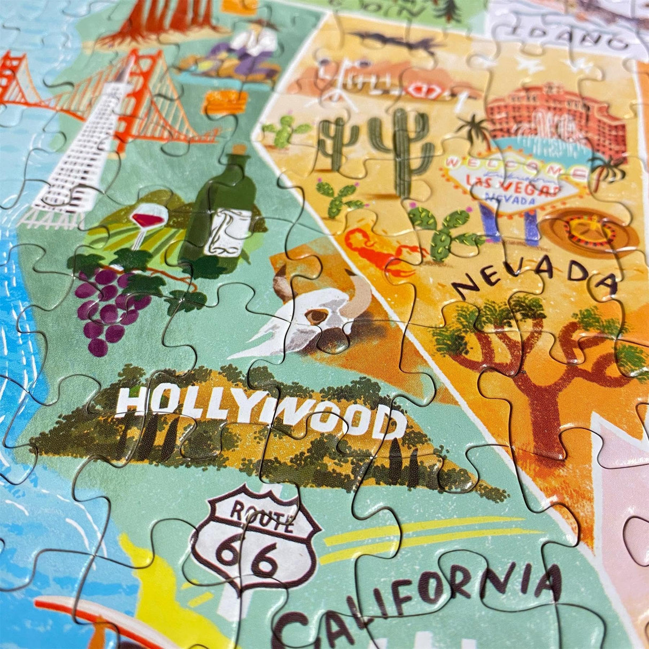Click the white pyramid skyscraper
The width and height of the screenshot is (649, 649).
click(86, 144)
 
